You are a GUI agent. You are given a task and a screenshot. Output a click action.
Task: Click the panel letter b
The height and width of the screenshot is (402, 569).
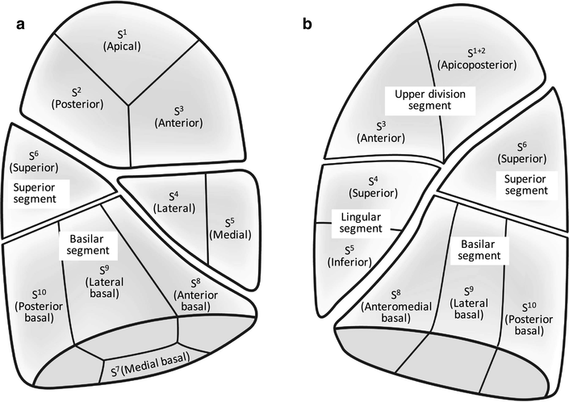coord(308,25)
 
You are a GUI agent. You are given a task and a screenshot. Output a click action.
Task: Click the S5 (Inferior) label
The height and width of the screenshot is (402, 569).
coord(351,254)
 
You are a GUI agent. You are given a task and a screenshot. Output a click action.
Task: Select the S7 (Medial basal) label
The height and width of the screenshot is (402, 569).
coord(150,371)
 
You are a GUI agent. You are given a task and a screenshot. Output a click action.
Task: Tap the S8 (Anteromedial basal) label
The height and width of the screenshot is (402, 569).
coord(391,306)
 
